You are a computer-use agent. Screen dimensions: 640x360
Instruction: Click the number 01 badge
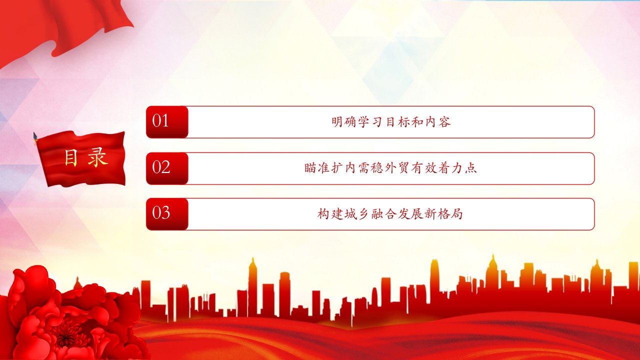click(167, 122)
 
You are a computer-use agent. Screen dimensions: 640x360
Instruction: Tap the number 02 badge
click(167, 168)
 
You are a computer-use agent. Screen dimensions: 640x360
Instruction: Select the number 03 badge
click(167, 214)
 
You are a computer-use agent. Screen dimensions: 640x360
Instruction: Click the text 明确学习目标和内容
click(391, 122)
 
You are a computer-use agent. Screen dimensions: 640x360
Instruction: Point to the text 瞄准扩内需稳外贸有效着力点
click(390, 168)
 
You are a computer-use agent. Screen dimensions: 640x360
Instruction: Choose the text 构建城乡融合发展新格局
click(390, 214)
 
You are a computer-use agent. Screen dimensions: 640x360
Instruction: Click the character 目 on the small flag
click(71, 157)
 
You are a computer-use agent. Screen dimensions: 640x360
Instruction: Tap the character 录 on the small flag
click(97, 157)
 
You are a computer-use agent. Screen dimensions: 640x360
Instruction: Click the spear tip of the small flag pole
click(35, 135)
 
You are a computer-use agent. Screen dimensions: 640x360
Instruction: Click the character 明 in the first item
click(337, 122)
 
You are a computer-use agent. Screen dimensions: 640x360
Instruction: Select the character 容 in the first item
click(445, 122)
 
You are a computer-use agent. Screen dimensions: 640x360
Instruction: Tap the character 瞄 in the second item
click(310, 168)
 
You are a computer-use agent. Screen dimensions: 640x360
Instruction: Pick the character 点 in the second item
click(471, 168)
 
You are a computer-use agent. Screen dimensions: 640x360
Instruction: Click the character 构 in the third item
click(323, 214)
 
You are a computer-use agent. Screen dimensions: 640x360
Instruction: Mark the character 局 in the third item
click(456, 214)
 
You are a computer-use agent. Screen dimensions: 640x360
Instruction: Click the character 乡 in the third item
click(363, 214)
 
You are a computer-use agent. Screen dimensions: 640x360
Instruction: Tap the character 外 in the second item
click(390, 168)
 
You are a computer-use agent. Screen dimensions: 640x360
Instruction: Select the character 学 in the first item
click(364, 122)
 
